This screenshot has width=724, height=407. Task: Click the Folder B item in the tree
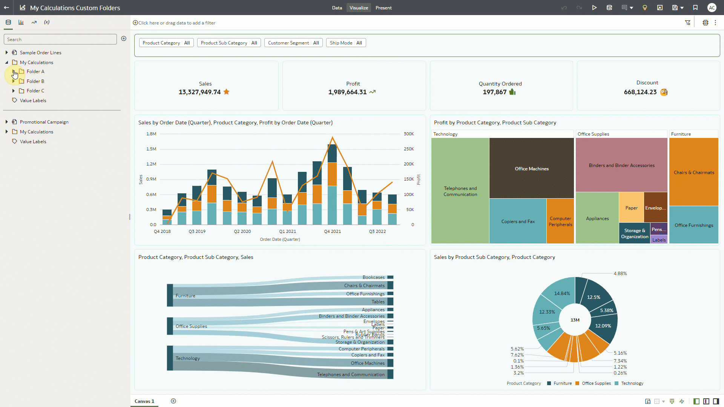point(35,81)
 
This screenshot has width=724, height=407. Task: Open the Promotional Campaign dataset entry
point(44,122)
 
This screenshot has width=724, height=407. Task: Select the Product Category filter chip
point(166,43)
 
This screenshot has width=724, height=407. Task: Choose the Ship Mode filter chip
point(345,43)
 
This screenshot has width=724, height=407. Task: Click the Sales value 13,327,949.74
point(199,92)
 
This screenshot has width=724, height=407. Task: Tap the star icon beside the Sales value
point(226,92)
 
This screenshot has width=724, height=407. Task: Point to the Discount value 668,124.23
point(640,92)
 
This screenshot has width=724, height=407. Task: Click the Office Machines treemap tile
point(531,168)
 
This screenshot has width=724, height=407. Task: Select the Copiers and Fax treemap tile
point(517,221)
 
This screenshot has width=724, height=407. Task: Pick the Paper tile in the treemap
point(631,208)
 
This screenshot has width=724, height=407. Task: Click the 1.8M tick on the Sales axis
point(151,134)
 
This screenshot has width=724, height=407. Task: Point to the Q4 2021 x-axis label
point(332,231)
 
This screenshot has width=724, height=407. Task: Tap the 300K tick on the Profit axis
point(409,134)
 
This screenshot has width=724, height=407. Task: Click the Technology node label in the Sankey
point(187,358)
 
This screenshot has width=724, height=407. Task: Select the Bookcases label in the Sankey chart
point(373,277)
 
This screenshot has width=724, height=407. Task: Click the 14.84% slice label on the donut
point(562,294)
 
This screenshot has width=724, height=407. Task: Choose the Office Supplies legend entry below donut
point(596,383)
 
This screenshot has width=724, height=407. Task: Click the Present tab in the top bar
point(383,8)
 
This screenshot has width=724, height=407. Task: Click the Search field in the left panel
point(60,40)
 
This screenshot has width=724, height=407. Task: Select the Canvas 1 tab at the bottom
point(144,401)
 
